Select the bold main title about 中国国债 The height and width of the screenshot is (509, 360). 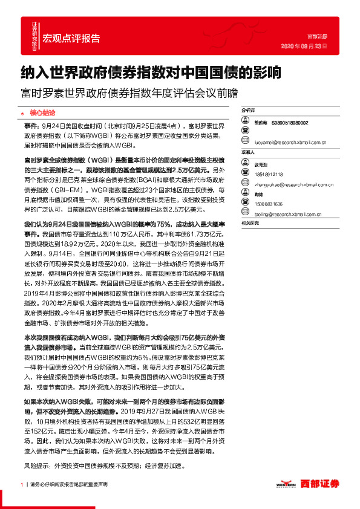coord(151,73)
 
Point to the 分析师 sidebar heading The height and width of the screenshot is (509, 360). coord(249,112)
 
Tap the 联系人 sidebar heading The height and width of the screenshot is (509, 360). coord(249,153)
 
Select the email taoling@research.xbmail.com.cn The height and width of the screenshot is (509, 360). coord(285,213)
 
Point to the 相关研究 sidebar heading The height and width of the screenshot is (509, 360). coord(250,224)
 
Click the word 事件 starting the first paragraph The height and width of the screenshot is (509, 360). coord(31,124)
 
